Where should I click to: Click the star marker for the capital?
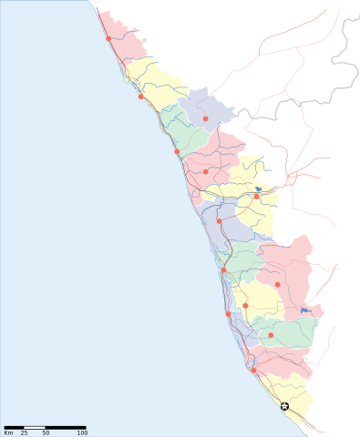[284, 406]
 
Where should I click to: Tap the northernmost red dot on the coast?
[108, 39]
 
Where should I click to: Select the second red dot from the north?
[140, 97]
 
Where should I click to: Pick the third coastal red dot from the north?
[177, 151]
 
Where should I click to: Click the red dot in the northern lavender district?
[206, 118]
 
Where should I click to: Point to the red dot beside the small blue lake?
[257, 196]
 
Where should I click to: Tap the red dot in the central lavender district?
[219, 220]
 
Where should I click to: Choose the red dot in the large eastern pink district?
[278, 285]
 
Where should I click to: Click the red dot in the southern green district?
[271, 335]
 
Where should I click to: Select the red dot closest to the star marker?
[253, 370]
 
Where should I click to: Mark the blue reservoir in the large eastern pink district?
[303, 311]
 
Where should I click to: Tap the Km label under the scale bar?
[8, 432]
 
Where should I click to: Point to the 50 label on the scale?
[46, 432]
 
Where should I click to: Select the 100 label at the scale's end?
[83, 432]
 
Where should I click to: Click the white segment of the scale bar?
[36, 426]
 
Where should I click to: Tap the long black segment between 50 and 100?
[66, 426]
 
